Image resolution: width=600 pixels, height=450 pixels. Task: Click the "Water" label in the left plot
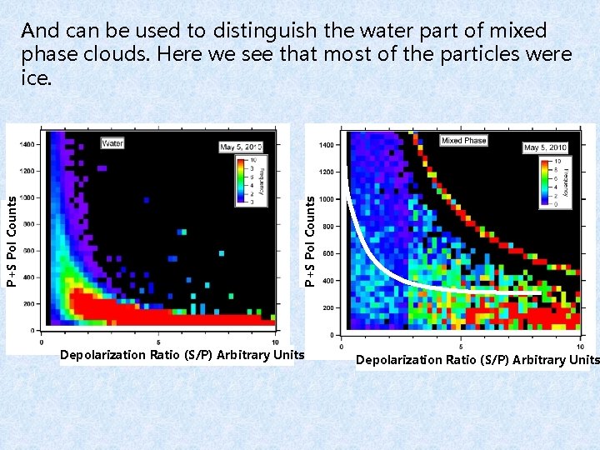tap(112, 143)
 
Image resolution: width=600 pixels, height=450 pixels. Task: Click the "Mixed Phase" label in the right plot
tap(463, 141)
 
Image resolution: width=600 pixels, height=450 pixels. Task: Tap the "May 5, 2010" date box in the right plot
tap(544, 147)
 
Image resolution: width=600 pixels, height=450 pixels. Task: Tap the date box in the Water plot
tap(241, 147)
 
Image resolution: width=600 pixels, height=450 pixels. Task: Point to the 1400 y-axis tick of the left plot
tap(29, 143)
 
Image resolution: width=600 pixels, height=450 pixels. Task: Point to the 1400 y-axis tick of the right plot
tap(327, 145)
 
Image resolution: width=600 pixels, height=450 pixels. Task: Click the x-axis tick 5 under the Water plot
tap(158, 342)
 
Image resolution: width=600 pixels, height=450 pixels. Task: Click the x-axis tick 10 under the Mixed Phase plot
tap(580, 347)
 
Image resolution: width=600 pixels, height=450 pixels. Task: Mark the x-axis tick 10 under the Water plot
tap(275, 342)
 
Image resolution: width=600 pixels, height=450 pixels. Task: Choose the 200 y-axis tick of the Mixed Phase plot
tap(327, 308)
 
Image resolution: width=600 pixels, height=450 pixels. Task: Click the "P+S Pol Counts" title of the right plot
tap(310, 242)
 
